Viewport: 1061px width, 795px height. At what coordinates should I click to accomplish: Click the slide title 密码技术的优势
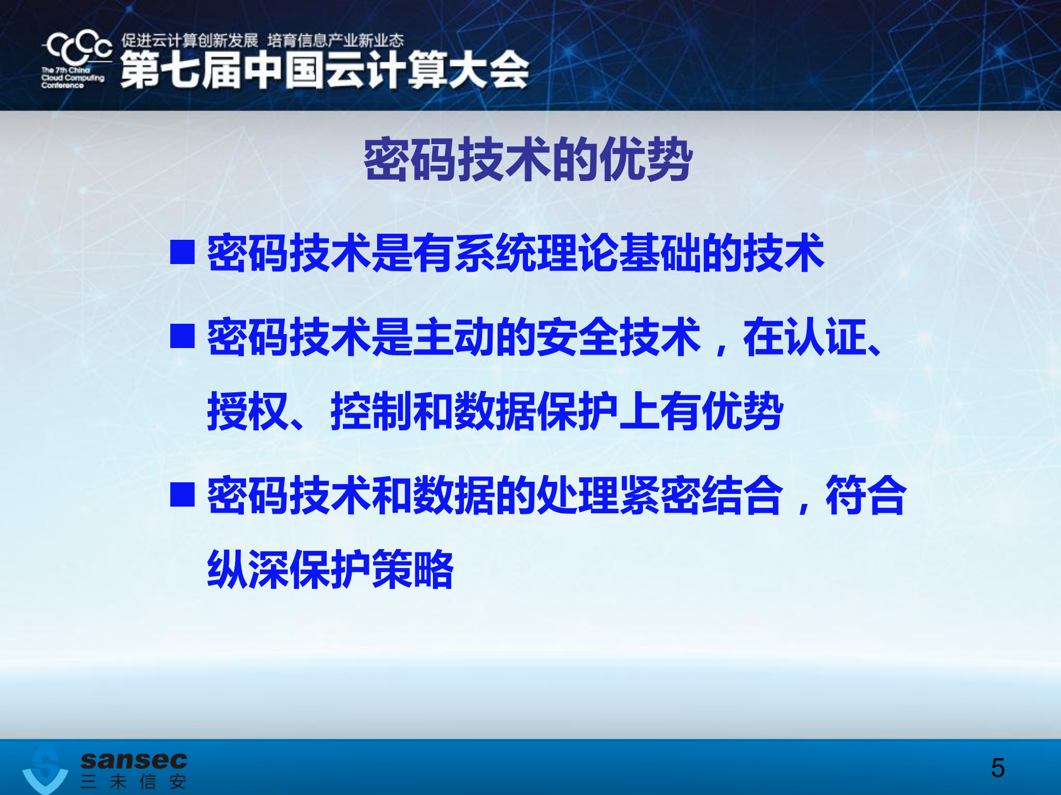pyautogui.click(x=528, y=160)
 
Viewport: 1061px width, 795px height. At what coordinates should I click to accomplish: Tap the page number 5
pyautogui.click(x=997, y=768)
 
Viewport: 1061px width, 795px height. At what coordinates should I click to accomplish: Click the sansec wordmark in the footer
pyautogui.click(x=134, y=760)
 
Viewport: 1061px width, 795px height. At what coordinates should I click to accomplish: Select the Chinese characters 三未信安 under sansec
pyautogui.click(x=133, y=782)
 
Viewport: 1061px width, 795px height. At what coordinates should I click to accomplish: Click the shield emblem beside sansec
pyautogui.click(x=45, y=769)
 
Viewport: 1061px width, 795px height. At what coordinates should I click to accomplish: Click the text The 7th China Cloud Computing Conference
pyautogui.click(x=72, y=78)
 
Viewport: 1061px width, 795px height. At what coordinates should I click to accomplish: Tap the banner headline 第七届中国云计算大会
pyautogui.click(x=325, y=70)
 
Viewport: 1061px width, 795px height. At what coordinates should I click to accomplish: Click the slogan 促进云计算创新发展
pyautogui.click(x=190, y=40)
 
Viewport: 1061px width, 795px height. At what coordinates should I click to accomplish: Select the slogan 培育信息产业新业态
pyautogui.click(x=336, y=40)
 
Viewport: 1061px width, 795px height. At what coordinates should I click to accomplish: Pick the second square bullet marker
pyautogui.click(x=182, y=336)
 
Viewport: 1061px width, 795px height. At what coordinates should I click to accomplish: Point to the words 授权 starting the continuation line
pyautogui.click(x=248, y=412)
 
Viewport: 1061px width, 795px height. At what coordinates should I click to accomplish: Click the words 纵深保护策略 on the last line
pyautogui.click(x=330, y=570)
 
